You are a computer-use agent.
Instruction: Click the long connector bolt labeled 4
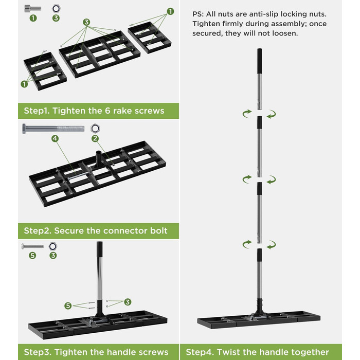(x=53, y=129)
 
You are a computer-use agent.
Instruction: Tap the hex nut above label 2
(x=95, y=128)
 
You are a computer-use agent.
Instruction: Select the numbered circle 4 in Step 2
(x=55, y=138)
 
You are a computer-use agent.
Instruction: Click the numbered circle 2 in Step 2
(x=95, y=138)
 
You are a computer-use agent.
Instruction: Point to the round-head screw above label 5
(x=32, y=246)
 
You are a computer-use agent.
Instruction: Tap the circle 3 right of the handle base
(x=128, y=302)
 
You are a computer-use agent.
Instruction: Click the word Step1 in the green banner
(x=37, y=111)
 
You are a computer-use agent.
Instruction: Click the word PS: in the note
(x=198, y=14)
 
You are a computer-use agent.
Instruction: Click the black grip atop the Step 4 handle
(x=259, y=61)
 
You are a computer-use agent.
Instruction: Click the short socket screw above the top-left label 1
(x=33, y=9)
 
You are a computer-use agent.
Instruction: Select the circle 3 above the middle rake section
(x=86, y=22)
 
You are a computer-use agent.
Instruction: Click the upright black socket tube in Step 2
(x=99, y=158)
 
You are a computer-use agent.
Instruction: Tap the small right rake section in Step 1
(x=150, y=38)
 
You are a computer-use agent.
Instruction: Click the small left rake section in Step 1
(x=45, y=71)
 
